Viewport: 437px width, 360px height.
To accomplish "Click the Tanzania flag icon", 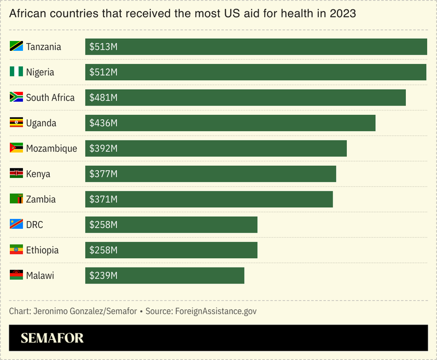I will coord(16,47).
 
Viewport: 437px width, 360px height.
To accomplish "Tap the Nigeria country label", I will coord(40,72).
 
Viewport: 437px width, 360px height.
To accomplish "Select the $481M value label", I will coord(103,98).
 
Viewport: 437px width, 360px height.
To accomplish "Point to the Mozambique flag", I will coord(16,148).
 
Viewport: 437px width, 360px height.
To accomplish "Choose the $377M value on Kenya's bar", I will coord(103,174).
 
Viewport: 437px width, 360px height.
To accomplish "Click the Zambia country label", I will coord(40,199).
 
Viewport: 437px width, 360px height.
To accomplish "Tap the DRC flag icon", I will coord(16,224).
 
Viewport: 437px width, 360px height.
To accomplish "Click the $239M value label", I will coord(103,276).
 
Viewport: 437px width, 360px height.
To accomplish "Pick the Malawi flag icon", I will coord(16,275).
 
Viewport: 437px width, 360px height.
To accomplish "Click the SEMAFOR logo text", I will coord(52,338).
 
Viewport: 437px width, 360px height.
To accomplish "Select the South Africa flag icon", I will coord(16,97).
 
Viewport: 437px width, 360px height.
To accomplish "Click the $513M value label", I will coord(103,47).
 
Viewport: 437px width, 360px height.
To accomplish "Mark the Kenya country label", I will coord(38,174).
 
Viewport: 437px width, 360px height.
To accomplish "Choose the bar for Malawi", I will coord(165,276).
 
